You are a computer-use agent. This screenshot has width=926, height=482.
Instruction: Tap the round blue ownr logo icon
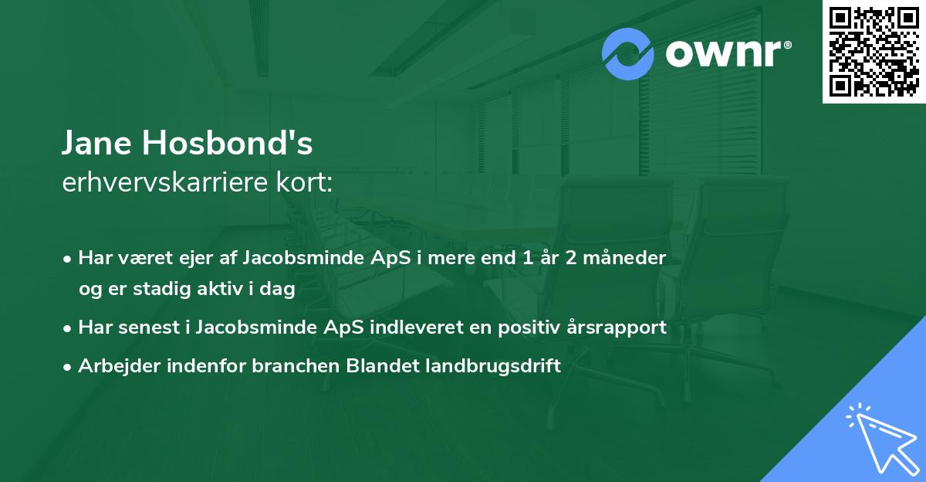click(x=628, y=53)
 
